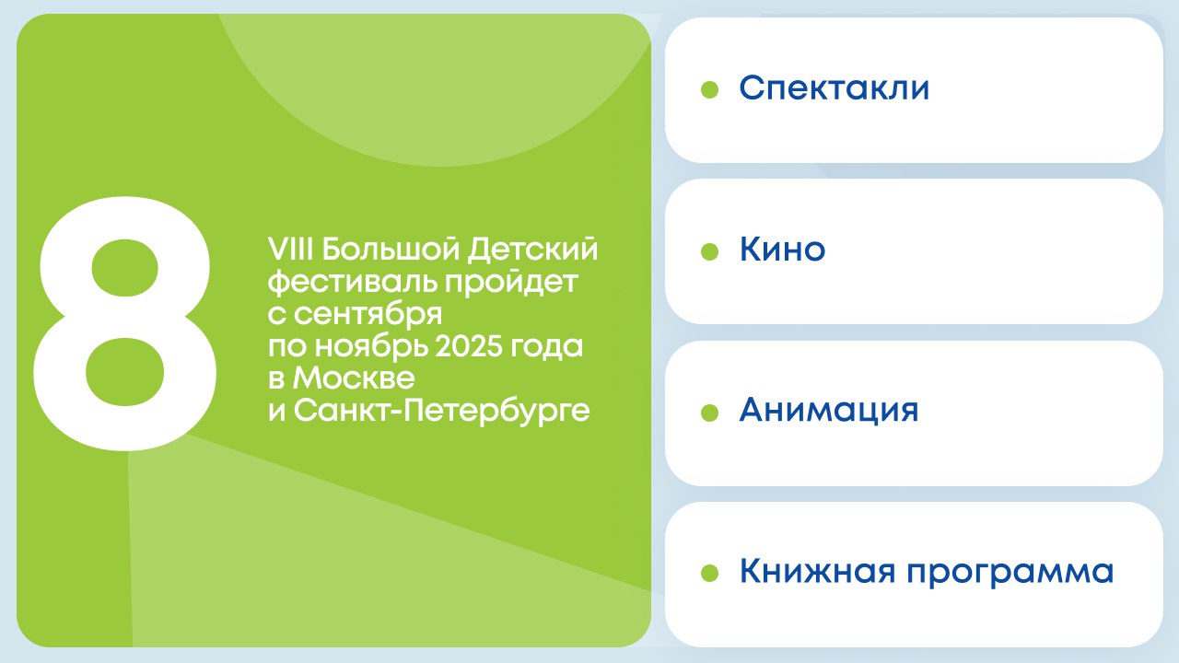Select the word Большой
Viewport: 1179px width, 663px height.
pos(391,250)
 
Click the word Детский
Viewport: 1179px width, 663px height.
pos(532,250)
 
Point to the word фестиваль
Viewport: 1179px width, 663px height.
pos(353,283)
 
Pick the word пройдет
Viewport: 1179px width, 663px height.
pos(511,284)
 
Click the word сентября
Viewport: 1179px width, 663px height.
pos(368,315)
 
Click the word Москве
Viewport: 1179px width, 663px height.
pos(354,378)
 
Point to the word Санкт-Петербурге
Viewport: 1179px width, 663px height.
pos(441,411)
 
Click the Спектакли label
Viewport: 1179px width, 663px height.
pos(835,87)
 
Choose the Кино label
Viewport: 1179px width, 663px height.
pos(782,249)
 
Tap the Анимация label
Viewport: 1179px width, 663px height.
pos(829,411)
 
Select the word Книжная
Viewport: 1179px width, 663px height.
pos(817,572)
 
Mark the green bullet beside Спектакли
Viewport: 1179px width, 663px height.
pos(709,89)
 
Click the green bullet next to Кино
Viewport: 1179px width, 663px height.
pos(709,251)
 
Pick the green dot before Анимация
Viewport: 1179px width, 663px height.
pos(709,413)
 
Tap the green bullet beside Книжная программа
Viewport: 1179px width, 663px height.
pos(709,574)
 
